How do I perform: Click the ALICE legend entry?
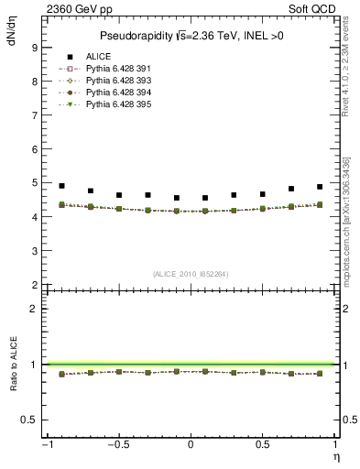[98, 57]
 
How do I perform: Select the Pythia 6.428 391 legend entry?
[117, 69]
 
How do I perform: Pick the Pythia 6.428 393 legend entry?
[117, 81]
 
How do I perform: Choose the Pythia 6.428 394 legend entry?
[117, 93]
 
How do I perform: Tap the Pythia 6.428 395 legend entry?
[117, 104]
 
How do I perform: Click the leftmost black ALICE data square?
[61, 186]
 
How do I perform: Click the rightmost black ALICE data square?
[320, 187]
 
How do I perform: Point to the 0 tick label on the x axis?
[191, 446]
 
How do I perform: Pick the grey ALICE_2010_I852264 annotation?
[190, 274]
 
